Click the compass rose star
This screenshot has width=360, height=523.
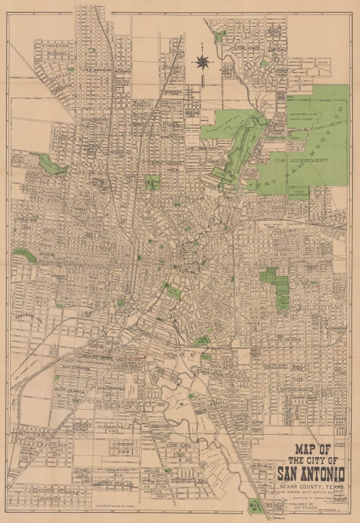[203, 60]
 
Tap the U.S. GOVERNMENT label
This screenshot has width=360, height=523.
[302, 161]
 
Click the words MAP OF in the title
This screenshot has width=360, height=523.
[310, 449]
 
